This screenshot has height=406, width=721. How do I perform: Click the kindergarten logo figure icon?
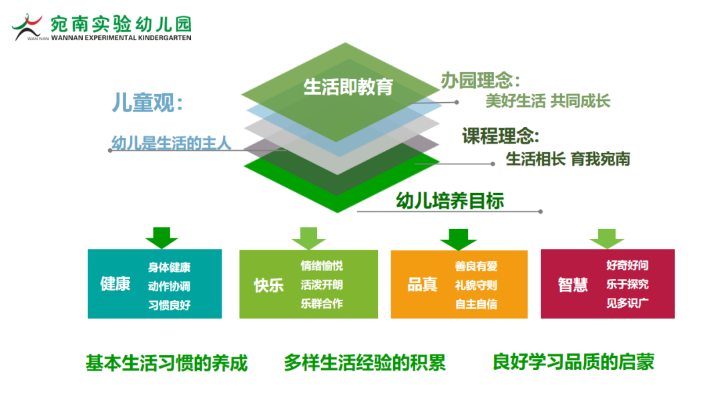[x=27, y=27]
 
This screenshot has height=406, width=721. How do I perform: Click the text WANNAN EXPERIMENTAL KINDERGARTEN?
[x=121, y=38]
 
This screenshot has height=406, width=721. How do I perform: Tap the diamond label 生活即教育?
[x=348, y=87]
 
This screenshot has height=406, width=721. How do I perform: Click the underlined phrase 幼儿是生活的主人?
[x=171, y=144]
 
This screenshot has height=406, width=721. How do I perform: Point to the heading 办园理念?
[x=480, y=81]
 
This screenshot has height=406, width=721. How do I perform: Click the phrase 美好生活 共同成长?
[x=547, y=101]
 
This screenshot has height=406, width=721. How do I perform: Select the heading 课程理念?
[x=500, y=136]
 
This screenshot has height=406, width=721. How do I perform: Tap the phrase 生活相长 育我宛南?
[x=568, y=159]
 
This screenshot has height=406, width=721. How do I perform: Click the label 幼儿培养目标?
[x=450, y=201]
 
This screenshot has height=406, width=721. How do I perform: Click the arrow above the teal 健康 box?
[x=162, y=238]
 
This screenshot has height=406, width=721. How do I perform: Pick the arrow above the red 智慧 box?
[x=607, y=238]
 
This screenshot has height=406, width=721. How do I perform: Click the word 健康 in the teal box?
[x=115, y=284]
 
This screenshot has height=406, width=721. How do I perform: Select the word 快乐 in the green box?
[x=269, y=285]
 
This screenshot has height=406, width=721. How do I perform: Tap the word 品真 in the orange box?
[x=422, y=284]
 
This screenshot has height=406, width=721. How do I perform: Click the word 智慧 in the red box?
[x=573, y=284]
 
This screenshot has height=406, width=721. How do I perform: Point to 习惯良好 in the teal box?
[x=169, y=305]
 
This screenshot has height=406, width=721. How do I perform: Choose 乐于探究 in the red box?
[x=627, y=284]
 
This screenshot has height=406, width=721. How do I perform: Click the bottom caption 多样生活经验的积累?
[x=365, y=363]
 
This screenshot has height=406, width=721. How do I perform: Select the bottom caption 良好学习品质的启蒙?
[x=573, y=362]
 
